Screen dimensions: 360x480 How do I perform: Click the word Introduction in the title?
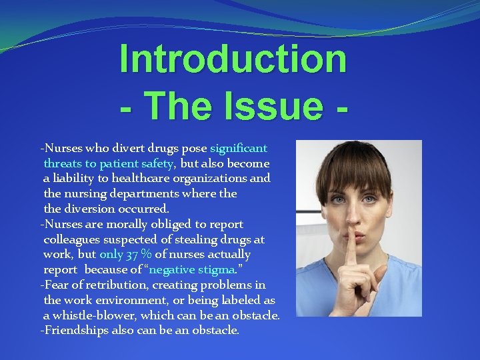pos(233,59)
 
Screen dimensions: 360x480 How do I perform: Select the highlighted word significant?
pos(239,148)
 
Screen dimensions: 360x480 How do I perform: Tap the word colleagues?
pos(71,239)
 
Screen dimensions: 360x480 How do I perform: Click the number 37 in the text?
pos(134,254)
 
